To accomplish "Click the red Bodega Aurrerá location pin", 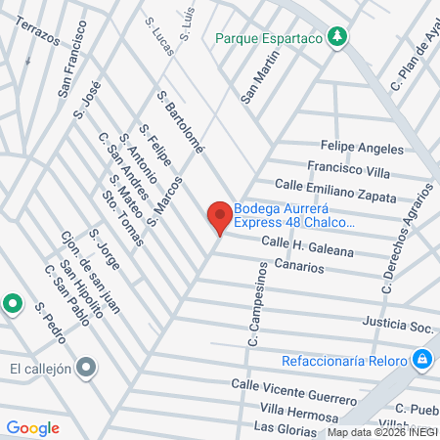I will (219, 215).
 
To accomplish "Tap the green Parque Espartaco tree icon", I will (336, 37).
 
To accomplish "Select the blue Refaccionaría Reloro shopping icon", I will (421, 360).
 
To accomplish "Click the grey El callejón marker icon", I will (87, 368).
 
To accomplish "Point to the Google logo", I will (33, 427).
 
